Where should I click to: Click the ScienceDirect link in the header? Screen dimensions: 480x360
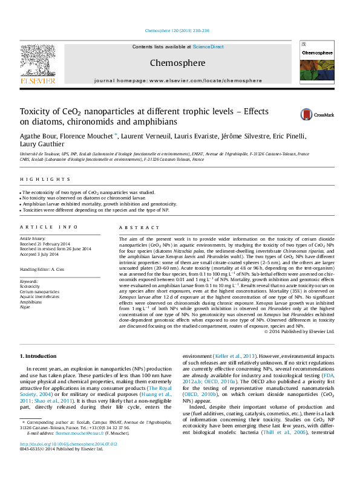tap(208, 47)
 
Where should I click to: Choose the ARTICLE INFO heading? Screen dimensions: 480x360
tap(49, 227)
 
